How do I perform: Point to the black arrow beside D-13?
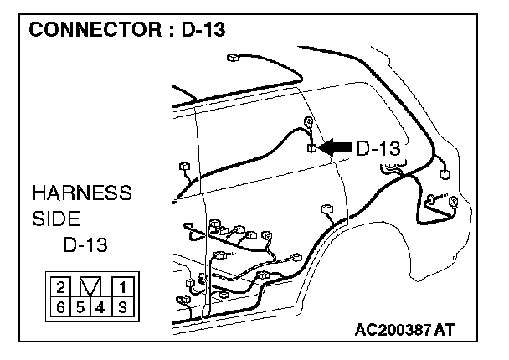point(336,147)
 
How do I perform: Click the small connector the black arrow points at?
point(312,149)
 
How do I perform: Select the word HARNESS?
point(82,194)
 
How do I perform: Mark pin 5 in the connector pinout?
point(80,306)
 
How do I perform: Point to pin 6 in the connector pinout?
point(60,306)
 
